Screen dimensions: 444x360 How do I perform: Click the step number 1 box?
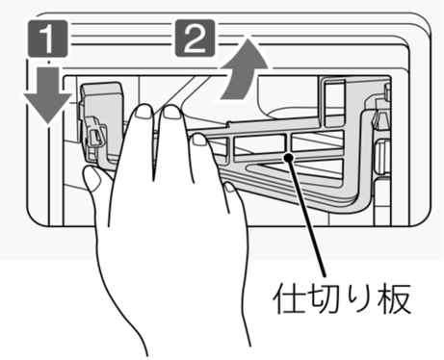(x=48, y=39)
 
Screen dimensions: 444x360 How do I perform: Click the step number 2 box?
(x=195, y=38)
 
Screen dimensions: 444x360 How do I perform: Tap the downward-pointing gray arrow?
(x=48, y=94)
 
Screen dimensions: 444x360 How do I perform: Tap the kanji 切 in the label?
(x=323, y=298)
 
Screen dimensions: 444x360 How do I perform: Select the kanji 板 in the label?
(x=394, y=298)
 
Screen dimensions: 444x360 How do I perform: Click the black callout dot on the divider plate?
(x=289, y=157)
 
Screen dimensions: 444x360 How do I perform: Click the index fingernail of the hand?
(x=144, y=112)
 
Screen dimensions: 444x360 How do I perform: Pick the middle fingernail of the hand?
(x=171, y=113)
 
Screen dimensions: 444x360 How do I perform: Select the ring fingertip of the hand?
(x=199, y=140)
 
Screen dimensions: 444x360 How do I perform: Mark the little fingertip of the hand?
(x=230, y=187)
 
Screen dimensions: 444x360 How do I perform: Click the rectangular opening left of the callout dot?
(x=259, y=143)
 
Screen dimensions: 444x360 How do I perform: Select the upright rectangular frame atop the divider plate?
(x=334, y=102)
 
